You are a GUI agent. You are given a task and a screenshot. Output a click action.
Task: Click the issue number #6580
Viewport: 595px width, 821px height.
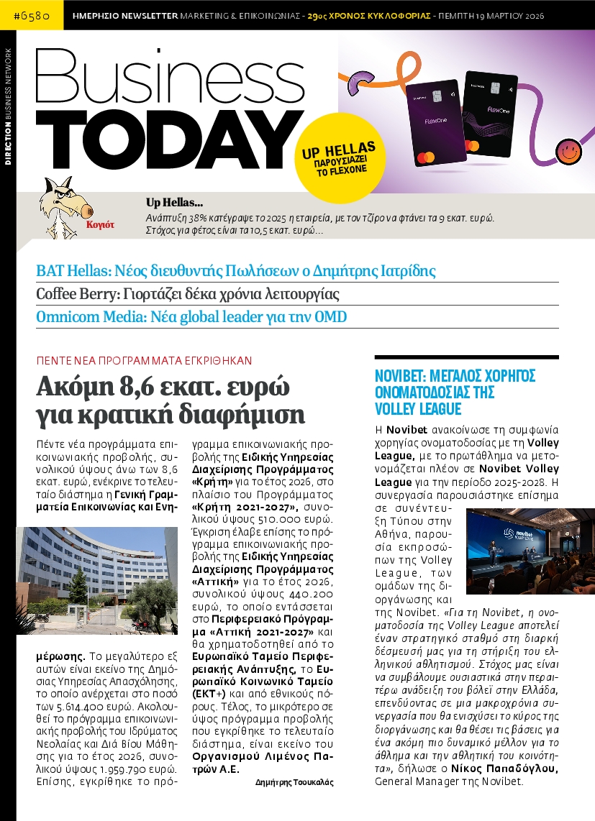tap(32, 14)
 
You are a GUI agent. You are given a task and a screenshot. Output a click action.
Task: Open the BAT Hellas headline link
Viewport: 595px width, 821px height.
tap(236, 271)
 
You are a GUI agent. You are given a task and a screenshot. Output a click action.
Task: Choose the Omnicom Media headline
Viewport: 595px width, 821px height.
tap(191, 316)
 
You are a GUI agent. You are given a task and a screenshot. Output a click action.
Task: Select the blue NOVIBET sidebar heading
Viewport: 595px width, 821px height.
tap(455, 393)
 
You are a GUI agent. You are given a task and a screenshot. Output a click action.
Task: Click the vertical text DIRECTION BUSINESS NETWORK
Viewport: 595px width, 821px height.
tap(8, 107)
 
